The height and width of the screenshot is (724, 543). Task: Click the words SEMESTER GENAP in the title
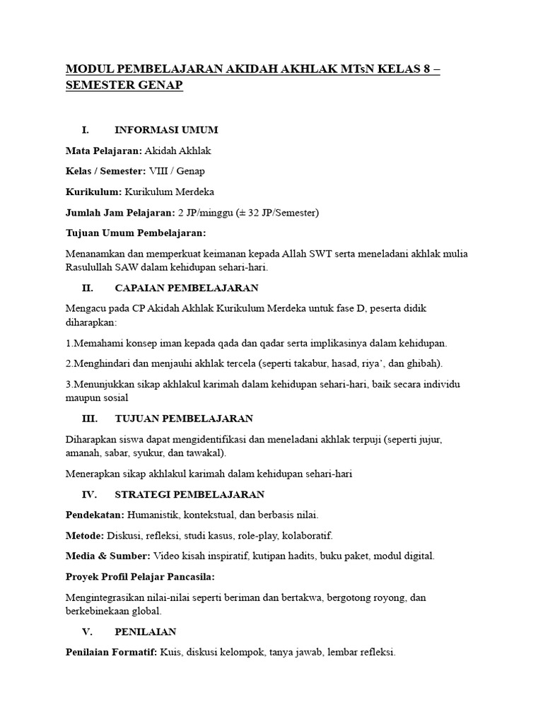click(124, 85)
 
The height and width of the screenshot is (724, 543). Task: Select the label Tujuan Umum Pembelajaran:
click(135, 233)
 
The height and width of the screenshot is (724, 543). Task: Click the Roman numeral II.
click(88, 288)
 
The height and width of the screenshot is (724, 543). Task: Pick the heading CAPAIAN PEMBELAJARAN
click(187, 288)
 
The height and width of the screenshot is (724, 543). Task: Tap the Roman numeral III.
click(90, 419)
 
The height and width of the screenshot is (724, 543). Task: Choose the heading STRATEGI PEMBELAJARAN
click(189, 494)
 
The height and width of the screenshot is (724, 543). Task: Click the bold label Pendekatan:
click(95, 515)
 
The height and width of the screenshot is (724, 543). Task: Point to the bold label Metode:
click(85, 535)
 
